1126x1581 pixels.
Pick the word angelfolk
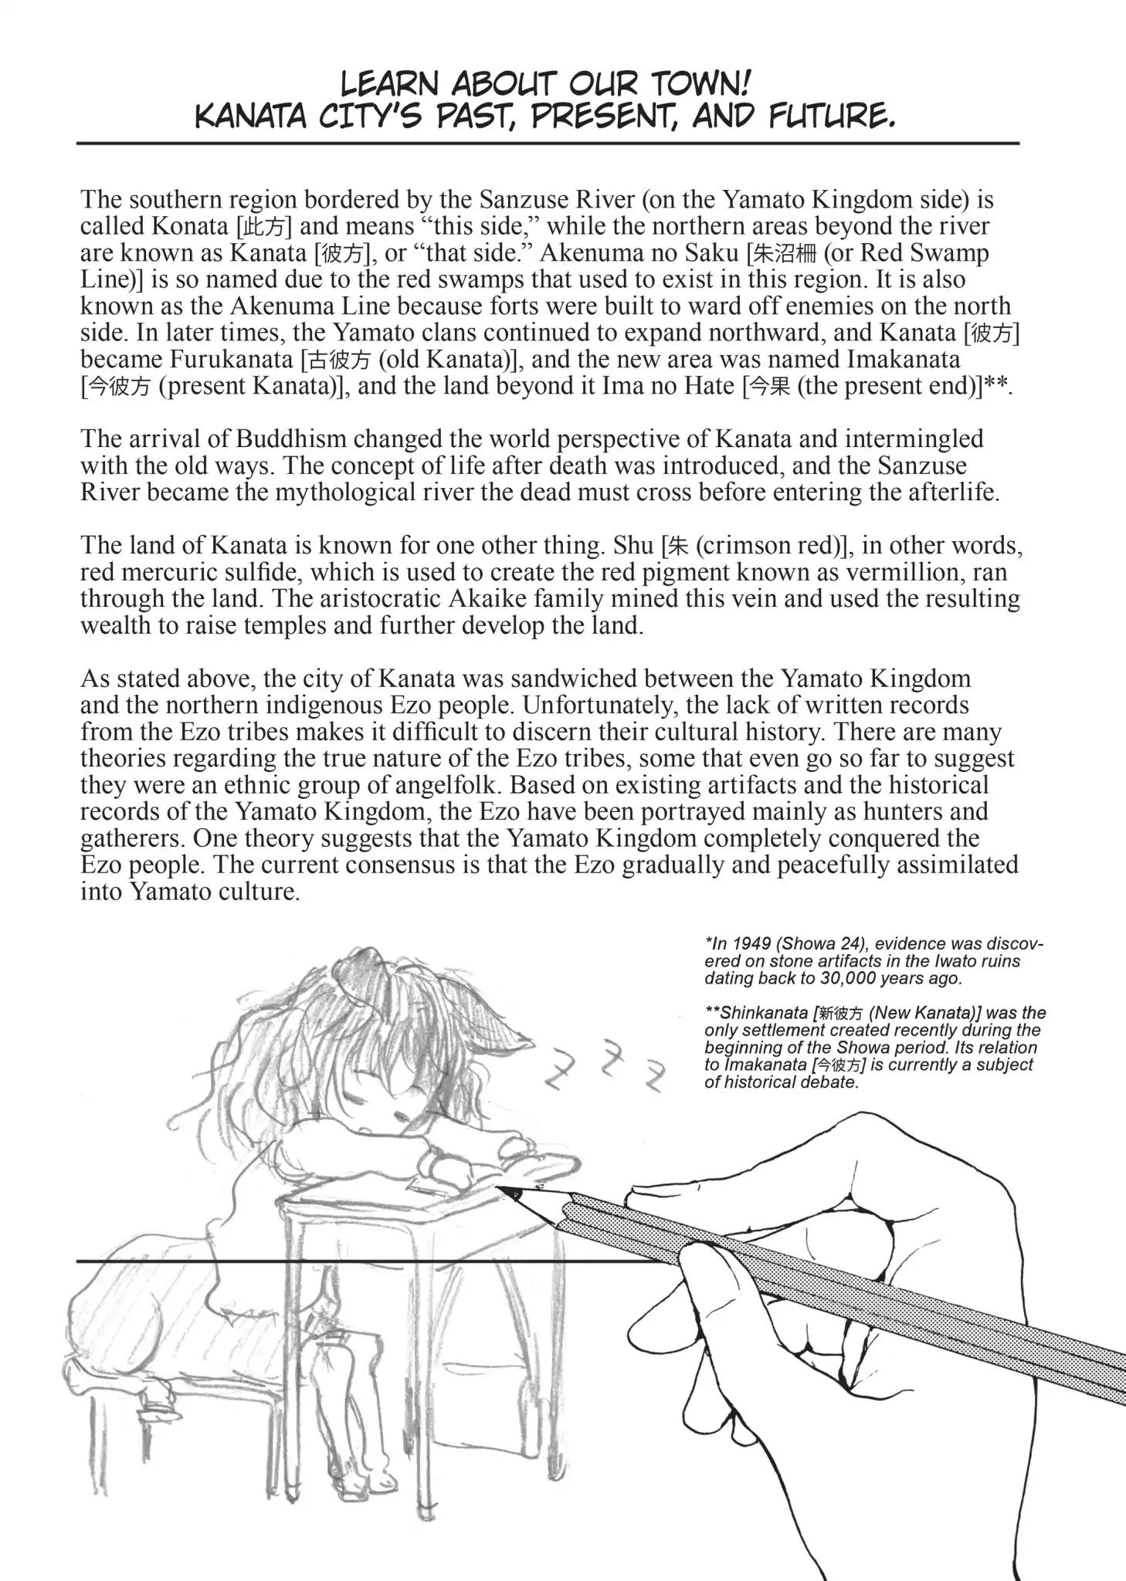click(x=441, y=785)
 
